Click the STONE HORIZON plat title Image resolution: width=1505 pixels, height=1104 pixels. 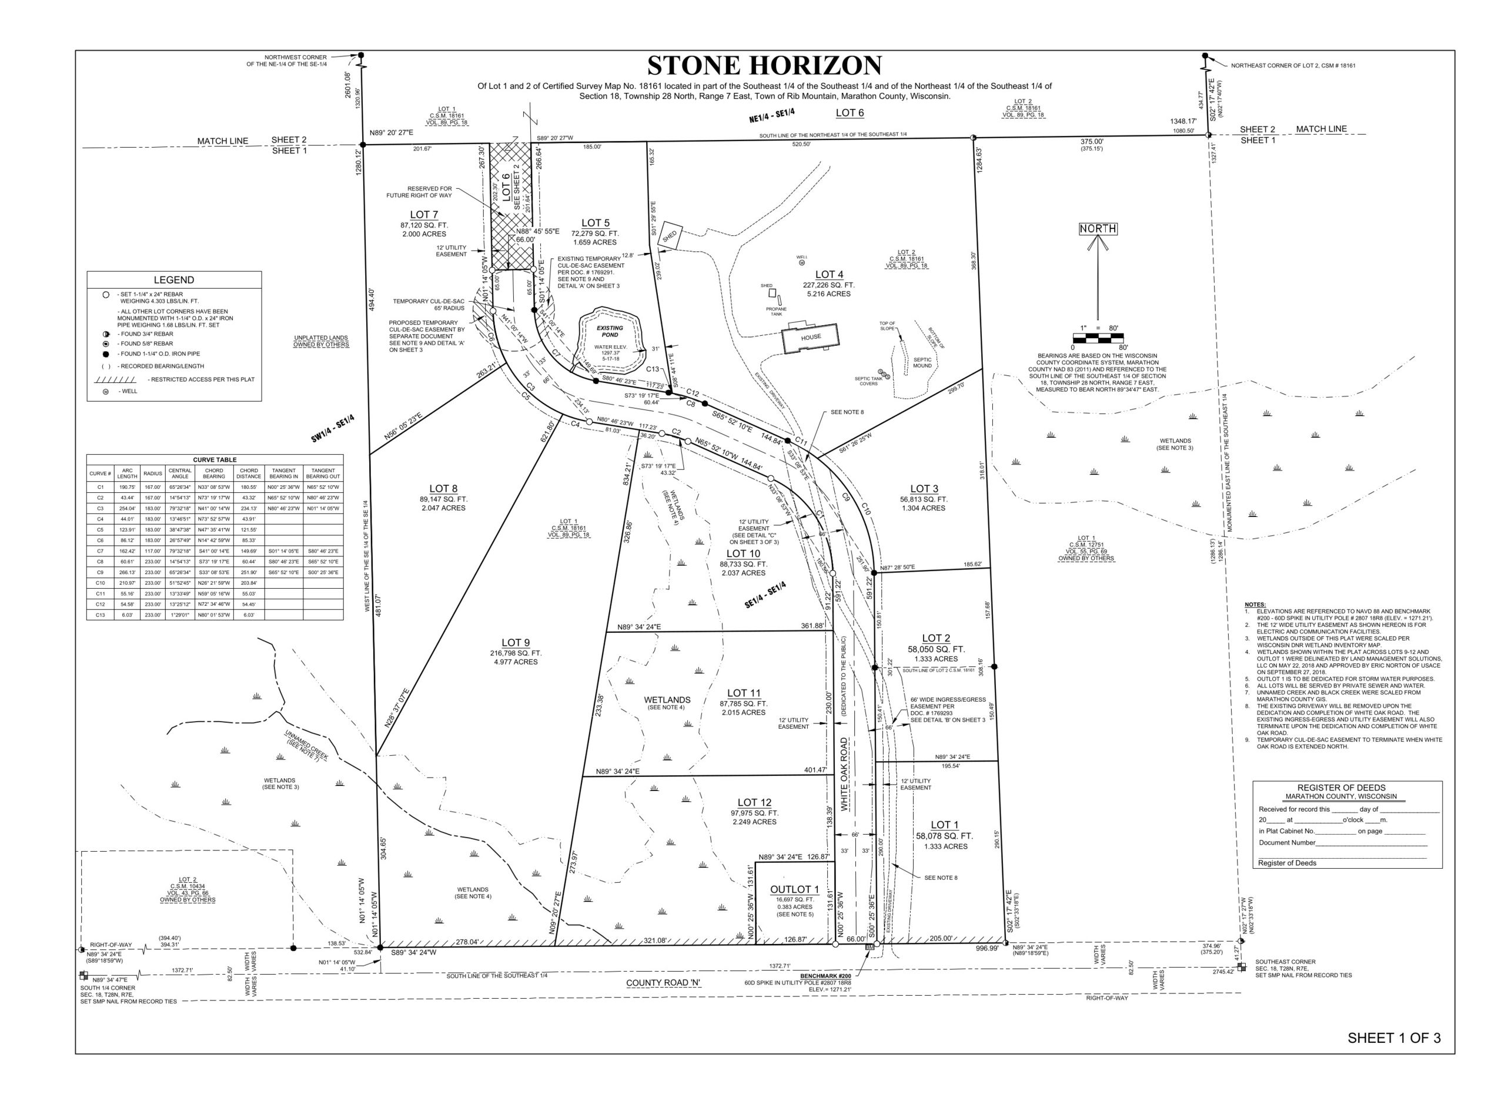(x=764, y=65)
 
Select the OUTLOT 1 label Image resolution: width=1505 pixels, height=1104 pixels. (x=794, y=889)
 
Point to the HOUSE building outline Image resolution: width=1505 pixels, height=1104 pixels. (x=811, y=337)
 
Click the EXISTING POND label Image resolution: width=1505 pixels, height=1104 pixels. (x=609, y=332)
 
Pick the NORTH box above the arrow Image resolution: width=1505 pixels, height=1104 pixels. (x=1098, y=229)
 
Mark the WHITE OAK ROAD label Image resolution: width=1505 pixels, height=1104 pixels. (x=844, y=774)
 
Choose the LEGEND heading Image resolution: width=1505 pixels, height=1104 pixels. (x=173, y=280)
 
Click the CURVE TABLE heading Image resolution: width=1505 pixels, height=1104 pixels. (x=215, y=460)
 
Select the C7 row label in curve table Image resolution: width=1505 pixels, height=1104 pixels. (x=100, y=551)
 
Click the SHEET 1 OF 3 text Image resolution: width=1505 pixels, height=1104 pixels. (x=1393, y=1038)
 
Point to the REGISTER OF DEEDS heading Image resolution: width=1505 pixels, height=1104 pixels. (x=1345, y=787)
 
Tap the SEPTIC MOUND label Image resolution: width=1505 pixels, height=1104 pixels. (x=922, y=362)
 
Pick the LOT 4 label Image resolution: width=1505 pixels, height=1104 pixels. (x=828, y=274)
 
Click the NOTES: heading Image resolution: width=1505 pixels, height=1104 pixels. (x=1255, y=604)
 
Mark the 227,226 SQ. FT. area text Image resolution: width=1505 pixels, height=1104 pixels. (x=828, y=285)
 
